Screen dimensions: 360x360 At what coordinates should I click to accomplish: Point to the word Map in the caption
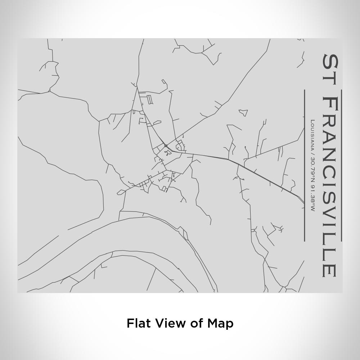[x=220, y=323]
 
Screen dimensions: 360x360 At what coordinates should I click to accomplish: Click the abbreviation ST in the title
[x=330, y=69]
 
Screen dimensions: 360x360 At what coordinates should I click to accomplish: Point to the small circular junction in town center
[x=166, y=146]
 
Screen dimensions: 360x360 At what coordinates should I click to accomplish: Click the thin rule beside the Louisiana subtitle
[x=305, y=166]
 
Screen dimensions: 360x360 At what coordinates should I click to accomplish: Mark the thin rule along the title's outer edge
[x=341, y=166]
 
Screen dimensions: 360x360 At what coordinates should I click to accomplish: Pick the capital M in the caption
[x=212, y=323]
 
